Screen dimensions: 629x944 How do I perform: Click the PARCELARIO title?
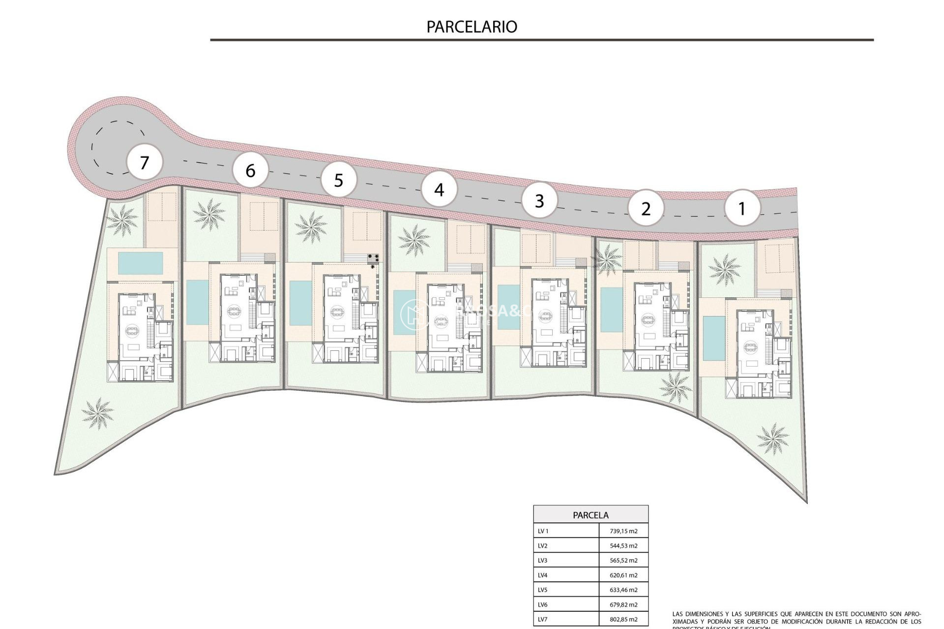click(x=472, y=27)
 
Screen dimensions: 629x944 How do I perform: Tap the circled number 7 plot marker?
click(x=144, y=162)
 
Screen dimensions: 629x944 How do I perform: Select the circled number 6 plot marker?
click(x=250, y=171)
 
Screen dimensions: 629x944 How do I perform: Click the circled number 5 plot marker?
click(x=338, y=180)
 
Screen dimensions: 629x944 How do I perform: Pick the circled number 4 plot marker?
click(x=439, y=189)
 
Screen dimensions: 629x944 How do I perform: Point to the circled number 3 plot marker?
click(x=539, y=200)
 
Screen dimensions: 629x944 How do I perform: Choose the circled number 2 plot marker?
click(x=646, y=208)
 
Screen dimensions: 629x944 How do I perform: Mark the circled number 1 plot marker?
click(x=742, y=208)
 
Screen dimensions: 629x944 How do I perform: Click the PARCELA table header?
click(x=590, y=515)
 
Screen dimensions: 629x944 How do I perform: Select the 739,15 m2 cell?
click(x=623, y=531)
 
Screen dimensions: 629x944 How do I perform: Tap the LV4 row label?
click(x=543, y=575)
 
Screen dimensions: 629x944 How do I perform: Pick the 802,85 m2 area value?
click(x=623, y=619)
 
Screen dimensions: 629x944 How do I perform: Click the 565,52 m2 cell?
click(x=623, y=560)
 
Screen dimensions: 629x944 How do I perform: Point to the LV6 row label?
click(x=543, y=604)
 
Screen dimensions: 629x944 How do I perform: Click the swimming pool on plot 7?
click(x=140, y=263)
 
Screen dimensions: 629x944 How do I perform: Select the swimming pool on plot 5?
click(x=300, y=303)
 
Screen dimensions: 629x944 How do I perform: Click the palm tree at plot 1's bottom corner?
click(x=772, y=438)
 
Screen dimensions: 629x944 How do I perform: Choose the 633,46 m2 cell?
click(x=623, y=590)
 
